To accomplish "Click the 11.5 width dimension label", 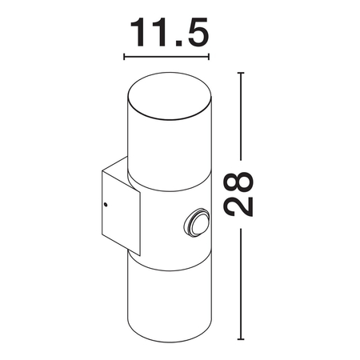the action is click(169, 32).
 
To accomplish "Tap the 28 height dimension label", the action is click(238, 194).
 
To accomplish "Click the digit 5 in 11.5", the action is click(198, 32).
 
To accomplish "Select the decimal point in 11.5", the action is click(180, 43).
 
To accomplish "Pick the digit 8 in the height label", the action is click(238, 182).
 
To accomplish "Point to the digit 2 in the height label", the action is click(238, 206).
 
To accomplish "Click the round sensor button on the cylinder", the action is click(197, 222).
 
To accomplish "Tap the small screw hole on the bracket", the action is click(106, 205).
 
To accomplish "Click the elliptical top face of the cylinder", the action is click(170, 96).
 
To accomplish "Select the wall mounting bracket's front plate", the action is click(121, 213).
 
